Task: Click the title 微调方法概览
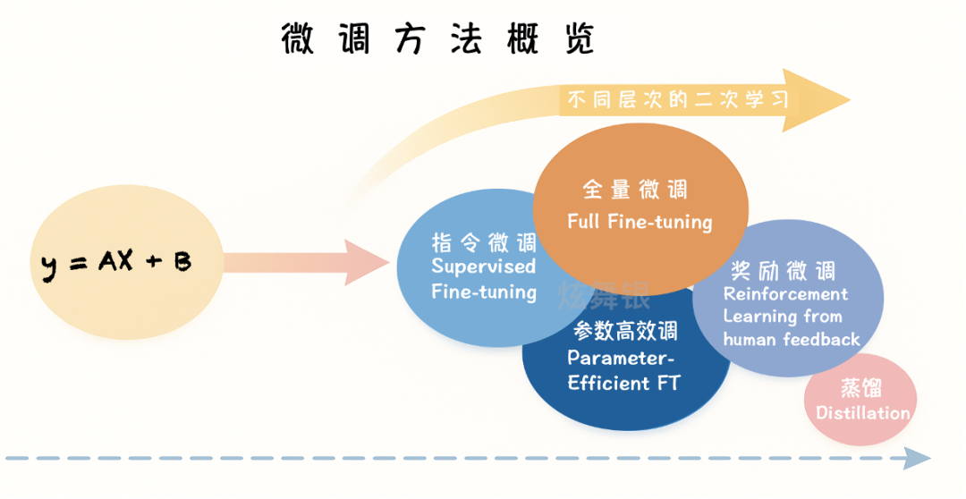[x=437, y=39]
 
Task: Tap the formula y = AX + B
[x=117, y=263]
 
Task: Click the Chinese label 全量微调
[x=634, y=190]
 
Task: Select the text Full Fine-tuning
[x=640, y=221]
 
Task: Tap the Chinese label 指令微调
[x=484, y=242]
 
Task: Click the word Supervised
[x=484, y=266]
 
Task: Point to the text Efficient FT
[x=623, y=383]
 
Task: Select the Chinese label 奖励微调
[x=783, y=270]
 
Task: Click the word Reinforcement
[x=785, y=293]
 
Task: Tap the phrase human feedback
[x=792, y=340]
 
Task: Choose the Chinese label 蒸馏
[x=860, y=388]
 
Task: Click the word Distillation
[x=862, y=413]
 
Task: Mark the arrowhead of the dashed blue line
[x=916, y=460]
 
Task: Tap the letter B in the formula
[x=182, y=262]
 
